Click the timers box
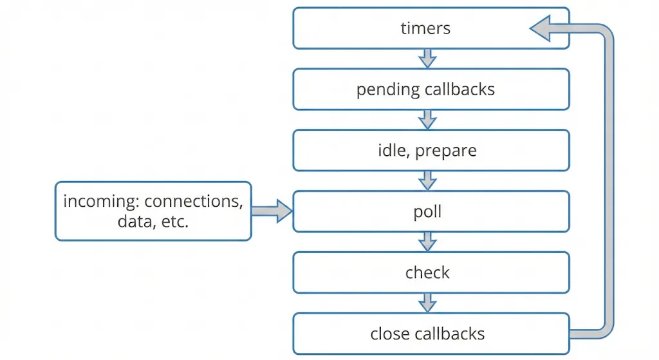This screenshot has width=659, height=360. click(431, 28)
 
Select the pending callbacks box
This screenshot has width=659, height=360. click(431, 90)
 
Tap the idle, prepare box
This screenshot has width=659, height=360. click(431, 151)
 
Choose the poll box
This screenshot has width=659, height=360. click(431, 212)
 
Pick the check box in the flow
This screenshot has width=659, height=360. click(431, 272)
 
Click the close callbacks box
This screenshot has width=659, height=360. click(431, 334)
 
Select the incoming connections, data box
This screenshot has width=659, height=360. click(153, 211)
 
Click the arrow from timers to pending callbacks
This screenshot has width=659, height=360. click(427, 59)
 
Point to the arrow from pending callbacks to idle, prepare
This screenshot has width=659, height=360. click(427, 120)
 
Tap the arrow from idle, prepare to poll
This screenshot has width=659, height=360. click(427, 181)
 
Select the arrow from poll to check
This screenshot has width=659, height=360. click(427, 242)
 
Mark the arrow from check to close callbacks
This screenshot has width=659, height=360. click(427, 303)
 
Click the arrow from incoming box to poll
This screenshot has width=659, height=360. click(272, 211)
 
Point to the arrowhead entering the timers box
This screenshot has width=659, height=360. click(542, 29)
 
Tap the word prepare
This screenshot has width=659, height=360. click(446, 151)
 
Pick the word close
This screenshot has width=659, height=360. click(388, 334)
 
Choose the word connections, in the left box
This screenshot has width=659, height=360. click(194, 202)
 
